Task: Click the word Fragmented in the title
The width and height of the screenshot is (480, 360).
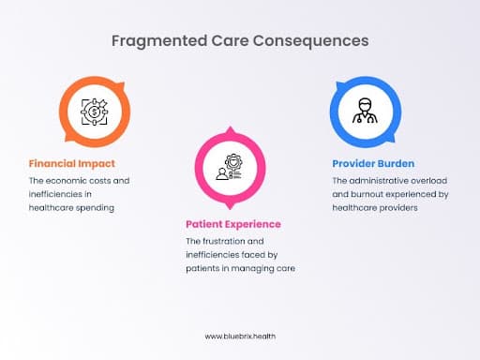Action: click(159, 41)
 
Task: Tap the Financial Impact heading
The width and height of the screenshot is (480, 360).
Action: click(72, 164)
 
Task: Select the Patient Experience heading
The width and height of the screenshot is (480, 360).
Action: click(233, 224)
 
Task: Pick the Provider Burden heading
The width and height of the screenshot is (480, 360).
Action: click(373, 164)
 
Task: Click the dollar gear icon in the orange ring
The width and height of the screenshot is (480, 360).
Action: click(95, 112)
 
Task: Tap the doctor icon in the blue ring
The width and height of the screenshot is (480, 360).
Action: click(365, 111)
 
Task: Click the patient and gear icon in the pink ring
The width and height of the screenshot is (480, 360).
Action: click(230, 167)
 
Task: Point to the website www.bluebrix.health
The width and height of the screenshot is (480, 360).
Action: click(240, 337)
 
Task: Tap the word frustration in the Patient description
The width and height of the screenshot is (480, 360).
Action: click(224, 241)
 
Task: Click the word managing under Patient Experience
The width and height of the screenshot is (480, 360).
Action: click(252, 269)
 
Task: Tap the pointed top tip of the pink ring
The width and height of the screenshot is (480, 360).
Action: click(230, 127)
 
